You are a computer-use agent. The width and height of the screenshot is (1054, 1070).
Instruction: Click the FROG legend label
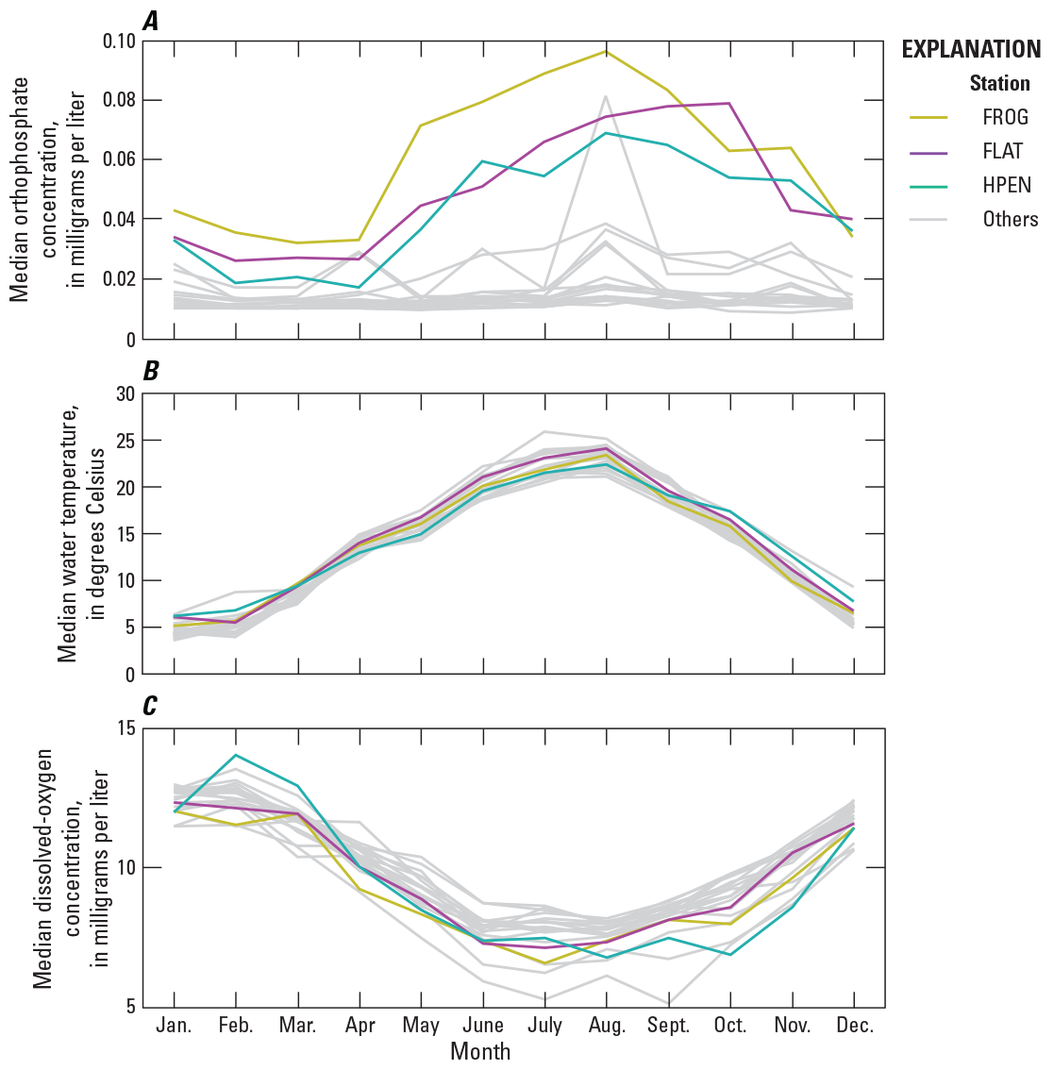click(x=1004, y=118)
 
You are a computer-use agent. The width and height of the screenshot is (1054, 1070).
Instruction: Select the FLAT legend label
click(x=1002, y=151)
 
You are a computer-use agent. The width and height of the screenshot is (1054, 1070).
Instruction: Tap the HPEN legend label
click(x=1006, y=185)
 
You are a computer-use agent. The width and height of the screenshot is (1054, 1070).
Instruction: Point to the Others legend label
click(x=1010, y=219)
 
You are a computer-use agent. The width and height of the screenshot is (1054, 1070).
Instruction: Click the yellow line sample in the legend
click(x=929, y=118)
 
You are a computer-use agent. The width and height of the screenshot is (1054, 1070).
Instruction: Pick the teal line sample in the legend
click(x=929, y=185)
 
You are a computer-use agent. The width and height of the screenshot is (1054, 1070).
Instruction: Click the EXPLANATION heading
click(x=970, y=50)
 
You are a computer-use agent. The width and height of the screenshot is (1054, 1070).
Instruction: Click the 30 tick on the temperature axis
click(x=124, y=394)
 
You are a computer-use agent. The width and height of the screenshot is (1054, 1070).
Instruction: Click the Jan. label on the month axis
click(x=174, y=1026)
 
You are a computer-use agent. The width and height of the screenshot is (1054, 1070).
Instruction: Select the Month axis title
click(x=481, y=1051)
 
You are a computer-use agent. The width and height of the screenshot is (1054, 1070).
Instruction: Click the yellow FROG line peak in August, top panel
click(x=606, y=51)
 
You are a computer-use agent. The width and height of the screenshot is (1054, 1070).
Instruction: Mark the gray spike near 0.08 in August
click(x=606, y=96)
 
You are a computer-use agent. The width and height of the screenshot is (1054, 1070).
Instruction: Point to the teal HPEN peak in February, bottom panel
click(x=235, y=755)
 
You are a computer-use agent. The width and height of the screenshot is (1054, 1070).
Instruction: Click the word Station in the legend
click(x=999, y=83)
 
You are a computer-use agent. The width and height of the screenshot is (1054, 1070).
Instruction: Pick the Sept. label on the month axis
click(x=668, y=1026)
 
